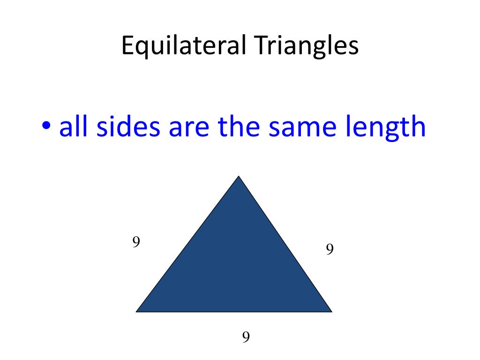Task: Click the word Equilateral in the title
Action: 184,46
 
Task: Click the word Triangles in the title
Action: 307,46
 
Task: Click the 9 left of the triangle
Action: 136,242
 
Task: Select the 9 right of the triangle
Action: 330,249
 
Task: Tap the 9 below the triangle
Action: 245,337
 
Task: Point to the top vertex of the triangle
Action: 239,177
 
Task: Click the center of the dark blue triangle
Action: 236,266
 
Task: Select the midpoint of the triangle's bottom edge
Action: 234,311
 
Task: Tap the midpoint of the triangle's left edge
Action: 188,244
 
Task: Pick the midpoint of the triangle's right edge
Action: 285,244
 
